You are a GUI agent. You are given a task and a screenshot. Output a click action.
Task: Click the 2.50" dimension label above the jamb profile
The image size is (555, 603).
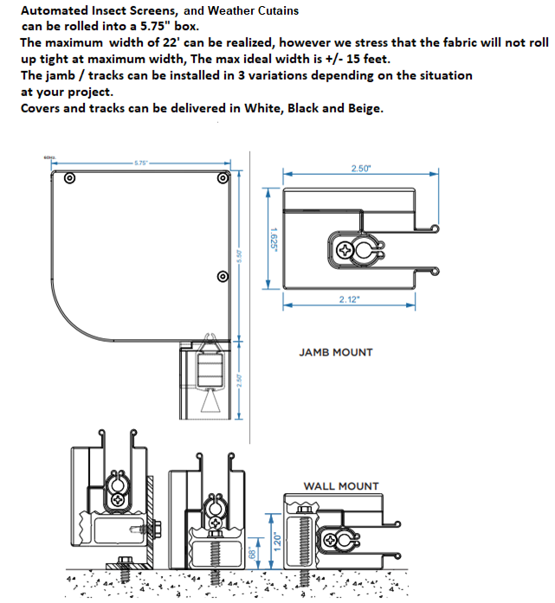point(360,169)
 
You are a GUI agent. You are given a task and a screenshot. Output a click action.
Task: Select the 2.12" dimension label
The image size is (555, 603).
point(349,298)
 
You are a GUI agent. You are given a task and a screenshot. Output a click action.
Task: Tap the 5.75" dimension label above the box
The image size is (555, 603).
point(141,162)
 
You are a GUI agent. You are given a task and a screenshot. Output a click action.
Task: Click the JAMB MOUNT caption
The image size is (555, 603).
point(336,352)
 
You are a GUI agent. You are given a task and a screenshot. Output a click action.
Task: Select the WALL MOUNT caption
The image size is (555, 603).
point(341,486)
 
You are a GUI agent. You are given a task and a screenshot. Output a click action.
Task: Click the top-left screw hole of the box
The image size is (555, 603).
point(69,179)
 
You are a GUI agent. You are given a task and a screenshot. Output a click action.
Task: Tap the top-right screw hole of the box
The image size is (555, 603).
point(223,179)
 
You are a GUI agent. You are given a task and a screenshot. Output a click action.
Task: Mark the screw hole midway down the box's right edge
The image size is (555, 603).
point(223,277)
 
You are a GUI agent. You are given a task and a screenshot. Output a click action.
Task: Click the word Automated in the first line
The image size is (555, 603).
point(55,10)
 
